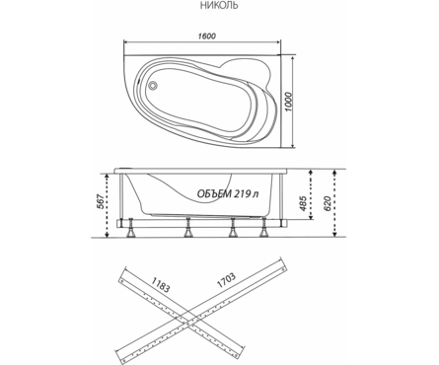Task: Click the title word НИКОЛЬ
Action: (219, 6)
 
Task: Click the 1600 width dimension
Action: (207, 36)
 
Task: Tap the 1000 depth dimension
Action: (288, 102)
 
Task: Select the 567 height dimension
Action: (101, 201)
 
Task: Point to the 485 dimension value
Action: (303, 203)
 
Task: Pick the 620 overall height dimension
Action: (327, 204)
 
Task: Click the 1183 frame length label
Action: (161, 284)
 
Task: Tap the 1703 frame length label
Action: (226, 280)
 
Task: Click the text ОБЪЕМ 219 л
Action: (228, 194)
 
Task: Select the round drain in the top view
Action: (153, 86)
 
